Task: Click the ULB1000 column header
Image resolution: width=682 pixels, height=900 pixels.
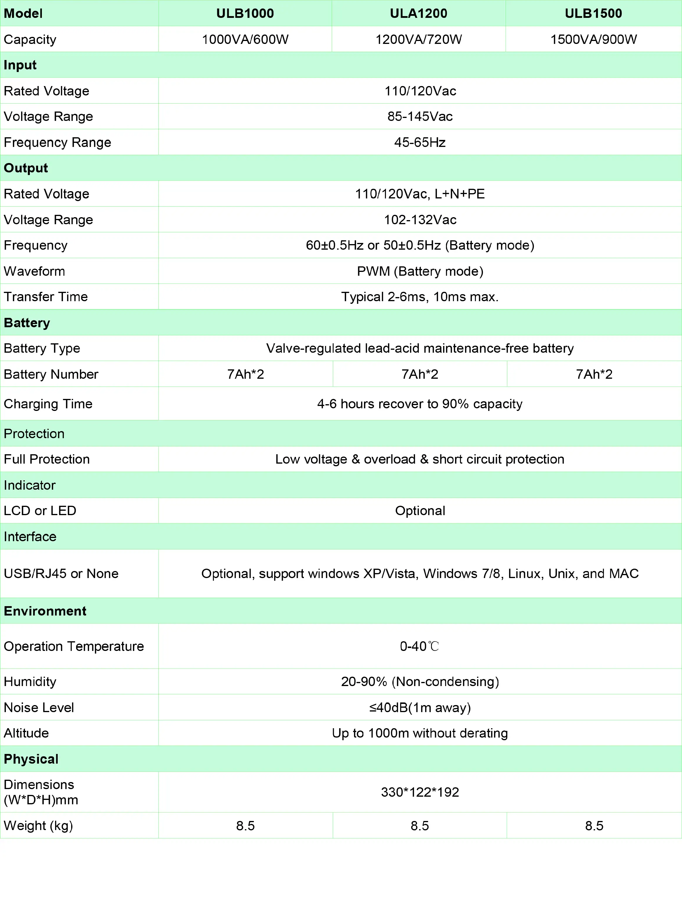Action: (x=245, y=13)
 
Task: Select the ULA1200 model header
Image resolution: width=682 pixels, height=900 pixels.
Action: (x=418, y=13)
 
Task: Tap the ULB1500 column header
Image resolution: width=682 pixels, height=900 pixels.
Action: (x=593, y=13)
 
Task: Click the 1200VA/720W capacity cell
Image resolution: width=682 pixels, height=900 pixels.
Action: (x=418, y=40)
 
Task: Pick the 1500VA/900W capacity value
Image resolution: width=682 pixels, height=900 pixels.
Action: (x=593, y=40)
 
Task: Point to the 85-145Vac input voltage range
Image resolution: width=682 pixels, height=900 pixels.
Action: (x=420, y=117)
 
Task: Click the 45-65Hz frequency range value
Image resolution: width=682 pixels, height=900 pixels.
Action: (x=420, y=143)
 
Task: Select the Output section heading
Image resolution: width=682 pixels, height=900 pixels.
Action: (x=26, y=168)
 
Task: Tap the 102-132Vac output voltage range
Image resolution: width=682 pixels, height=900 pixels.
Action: (x=420, y=220)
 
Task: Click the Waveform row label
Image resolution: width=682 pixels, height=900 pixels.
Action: (x=34, y=271)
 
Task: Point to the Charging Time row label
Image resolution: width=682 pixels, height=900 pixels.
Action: (x=48, y=404)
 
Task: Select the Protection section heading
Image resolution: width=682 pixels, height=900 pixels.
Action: (x=34, y=434)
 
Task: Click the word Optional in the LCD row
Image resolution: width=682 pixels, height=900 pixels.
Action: (x=420, y=511)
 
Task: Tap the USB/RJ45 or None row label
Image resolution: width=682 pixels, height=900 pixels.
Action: (x=61, y=574)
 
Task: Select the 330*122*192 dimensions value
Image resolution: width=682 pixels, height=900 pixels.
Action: (x=420, y=792)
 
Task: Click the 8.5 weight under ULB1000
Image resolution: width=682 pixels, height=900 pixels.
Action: (x=245, y=826)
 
